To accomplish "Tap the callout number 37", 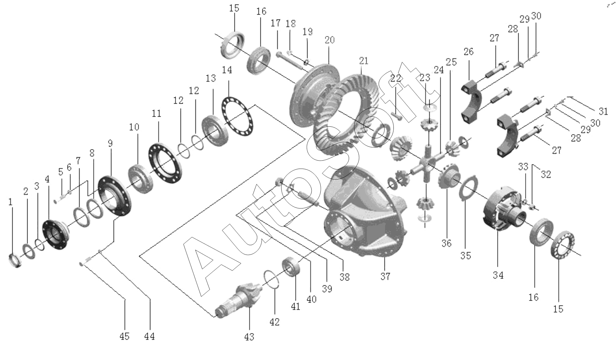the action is click(x=385, y=276).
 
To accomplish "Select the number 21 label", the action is click(x=363, y=61).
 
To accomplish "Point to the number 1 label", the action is click(x=10, y=201).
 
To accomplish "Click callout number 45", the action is click(x=124, y=336).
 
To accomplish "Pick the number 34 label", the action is click(x=498, y=275).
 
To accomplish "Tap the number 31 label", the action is click(x=603, y=111).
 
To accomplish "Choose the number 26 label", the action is click(x=469, y=52).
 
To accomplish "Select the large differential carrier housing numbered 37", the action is click(x=363, y=216).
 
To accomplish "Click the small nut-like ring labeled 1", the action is click(x=15, y=260).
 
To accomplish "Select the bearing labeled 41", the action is click(x=292, y=266).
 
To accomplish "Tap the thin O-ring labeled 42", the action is click(x=273, y=279).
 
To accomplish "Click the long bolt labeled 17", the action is click(x=290, y=61).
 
